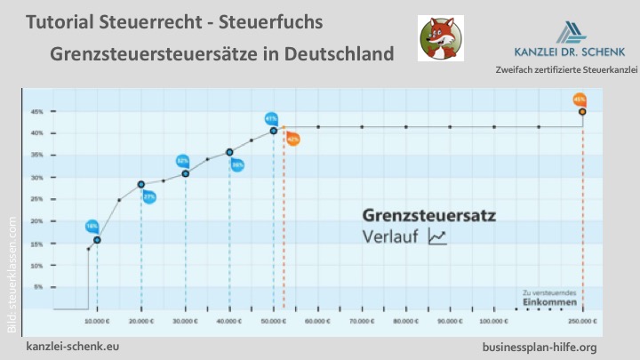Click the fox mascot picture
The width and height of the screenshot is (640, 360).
pos(440,38)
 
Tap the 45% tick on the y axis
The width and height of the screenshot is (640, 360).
pos(36,112)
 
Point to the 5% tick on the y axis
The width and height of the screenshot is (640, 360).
pos(36,287)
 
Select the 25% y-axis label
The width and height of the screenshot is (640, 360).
pos(36,200)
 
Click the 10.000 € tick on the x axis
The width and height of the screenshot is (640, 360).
pos(97,319)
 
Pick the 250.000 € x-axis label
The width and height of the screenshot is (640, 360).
pos(582,319)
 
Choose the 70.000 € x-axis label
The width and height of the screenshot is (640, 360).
pos(362,319)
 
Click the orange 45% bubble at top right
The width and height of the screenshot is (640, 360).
pos(580,100)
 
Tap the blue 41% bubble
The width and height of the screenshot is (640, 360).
pos(271,118)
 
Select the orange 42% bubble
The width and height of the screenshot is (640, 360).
pos(292,139)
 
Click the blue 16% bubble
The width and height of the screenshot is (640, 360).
pos(92,227)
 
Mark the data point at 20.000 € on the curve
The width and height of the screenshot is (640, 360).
pos(141,184)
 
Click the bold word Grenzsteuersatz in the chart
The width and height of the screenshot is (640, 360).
pos(429,215)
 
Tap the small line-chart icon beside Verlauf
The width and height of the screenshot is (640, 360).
pos(437,236)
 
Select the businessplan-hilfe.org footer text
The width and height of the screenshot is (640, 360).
pos(539,346)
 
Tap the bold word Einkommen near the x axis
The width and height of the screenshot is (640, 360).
pos(542,302)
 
